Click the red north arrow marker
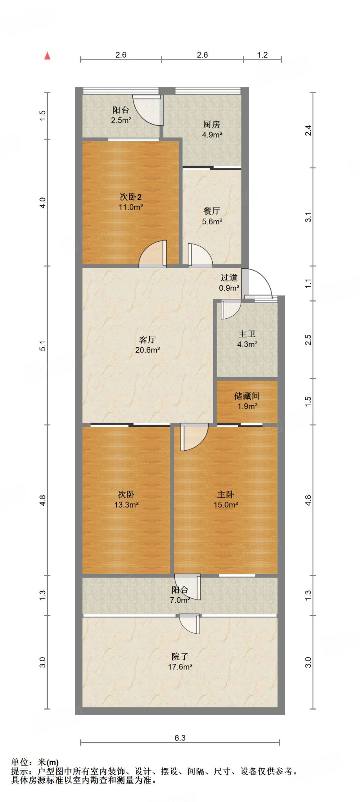pyautogui.click(x=47, y=56)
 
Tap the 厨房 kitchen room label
pyautogui.click(x=212, y=125)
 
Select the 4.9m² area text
pyautogui.click(x=212, y=135)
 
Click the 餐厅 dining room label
pyautogui.click(x=212, y=211)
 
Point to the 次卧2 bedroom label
pyautogui.click(x=130, y=197)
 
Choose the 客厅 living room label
pyautogui.click(x=147, y=340)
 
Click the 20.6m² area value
pyautogui.click(x=147, y=350)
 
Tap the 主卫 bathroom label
pyautogui.click(x=247, y=334)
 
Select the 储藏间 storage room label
pyautogui.click(x=247, y=396)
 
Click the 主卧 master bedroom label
pyautogui.click(x=226, y=495)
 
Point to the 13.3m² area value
pyautogui.click(x=126, y=505)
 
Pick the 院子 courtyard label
pyautogui.click(x=180, y=656)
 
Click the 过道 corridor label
pyautogui.click(x=229, y=278)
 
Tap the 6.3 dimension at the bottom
pyautogui.click(x=180, y=738)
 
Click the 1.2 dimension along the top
pyautogui.click(x=262, y=55)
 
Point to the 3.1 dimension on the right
pyautogui.click(x=308, y=217)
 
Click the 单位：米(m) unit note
pyautogui.click(x=35, y=762)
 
